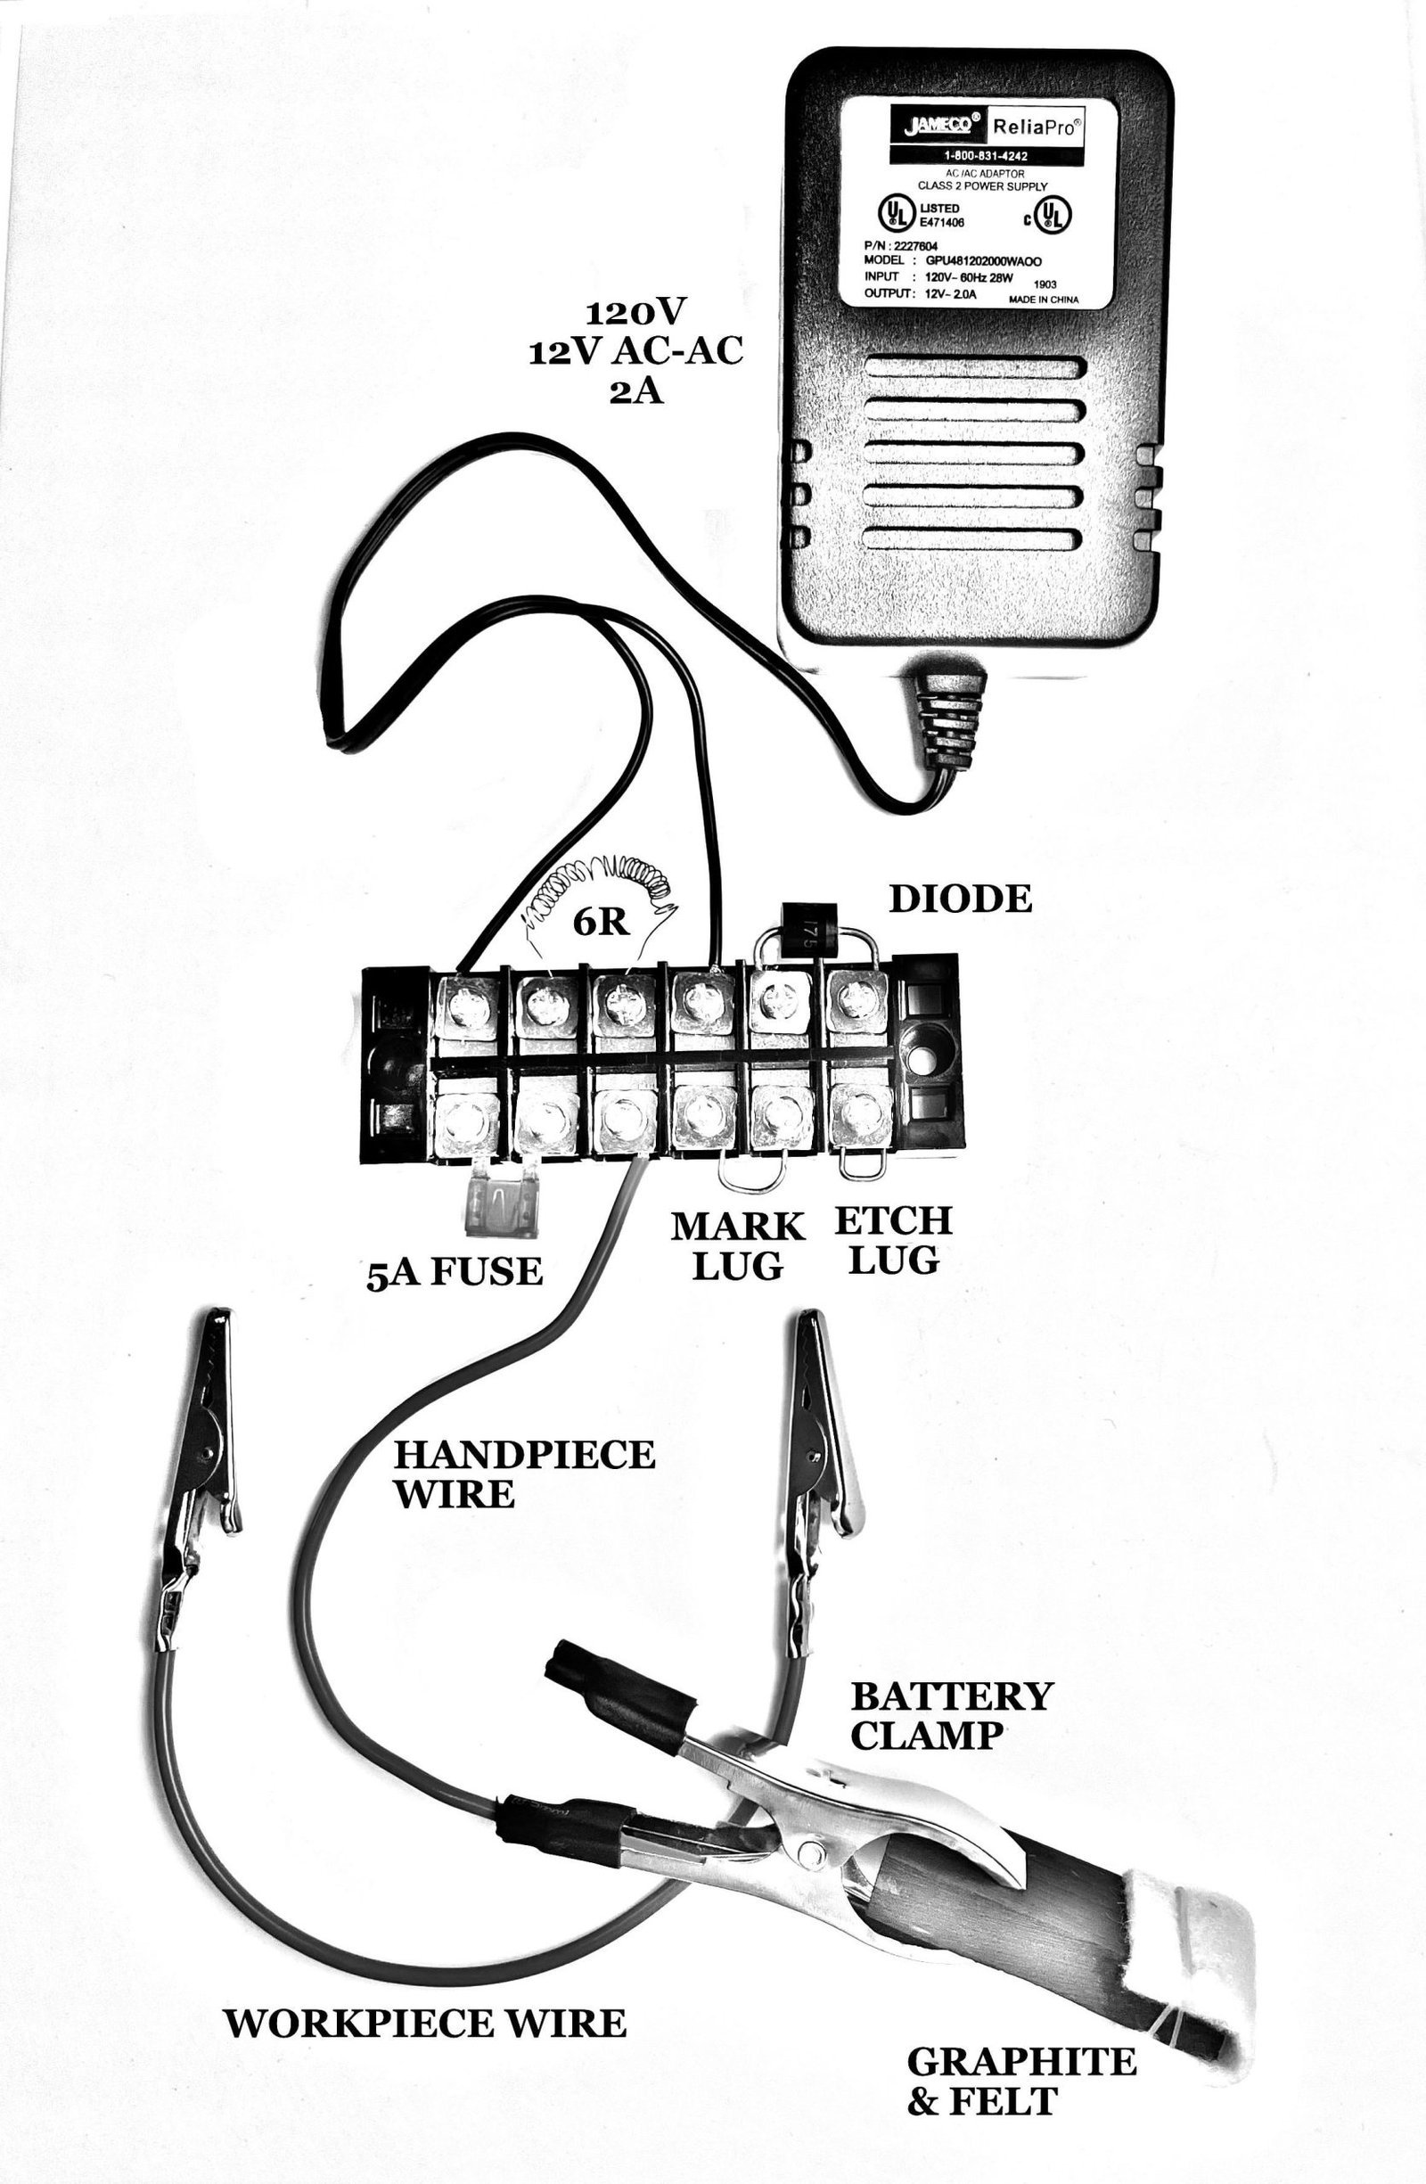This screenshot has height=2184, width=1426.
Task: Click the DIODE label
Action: pos(960,899)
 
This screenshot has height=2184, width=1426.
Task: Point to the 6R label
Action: pos(601,923)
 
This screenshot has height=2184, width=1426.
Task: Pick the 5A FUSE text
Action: pos(455,1272)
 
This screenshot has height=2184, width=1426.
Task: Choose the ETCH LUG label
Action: pos(893,1240)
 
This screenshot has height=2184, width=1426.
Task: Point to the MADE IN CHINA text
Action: pos(1044,300)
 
